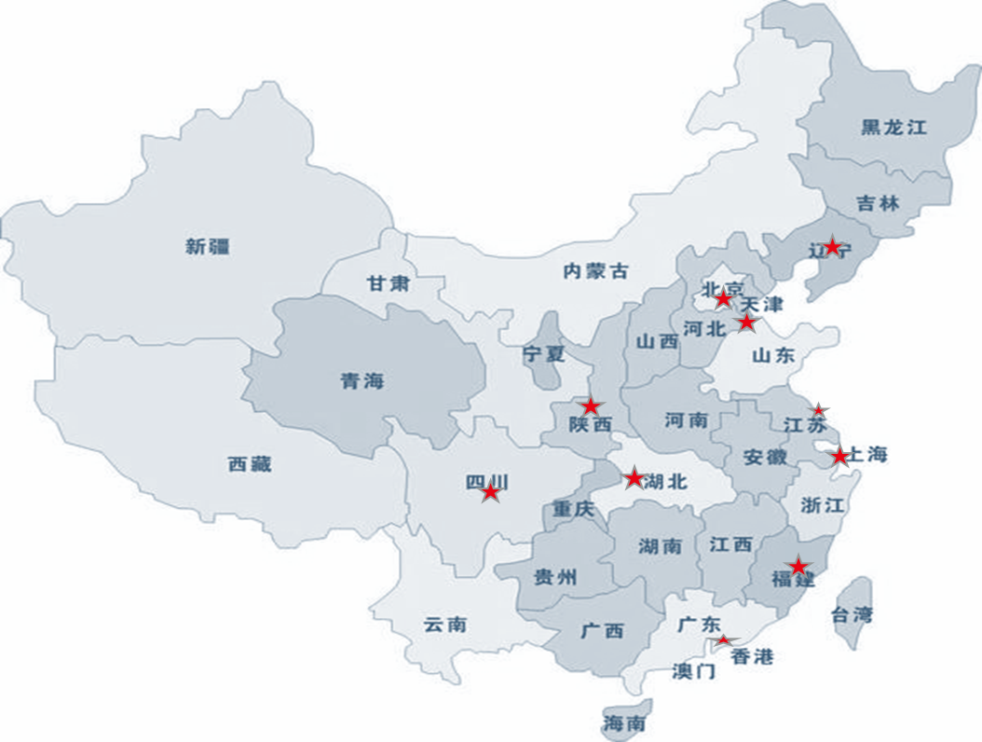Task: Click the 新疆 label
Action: click(x=207, y=247)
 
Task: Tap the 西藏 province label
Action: click(x=249, y=464)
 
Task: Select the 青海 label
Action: click(x=361, y=381)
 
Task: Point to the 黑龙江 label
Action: click(x=893, y=128)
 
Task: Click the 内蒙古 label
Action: click(x=596, y=271)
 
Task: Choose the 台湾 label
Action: click(x=852, y=615)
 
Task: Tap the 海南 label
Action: click(x=624, y=723)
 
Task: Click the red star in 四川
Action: click(x=491, y=492)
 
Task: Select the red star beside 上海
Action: click(x=839, y=456)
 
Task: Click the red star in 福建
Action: click(x=798, y=567)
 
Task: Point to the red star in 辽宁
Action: click(x=833, y=246)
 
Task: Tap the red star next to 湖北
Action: click(x=634, y=478)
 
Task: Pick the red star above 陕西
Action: click(x=591, y=406)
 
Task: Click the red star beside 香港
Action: click(x=723, y=640)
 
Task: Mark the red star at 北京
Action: click(x=723, y=299)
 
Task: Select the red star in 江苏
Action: click(x=818, y=410)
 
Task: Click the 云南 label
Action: click(x=444, y=625)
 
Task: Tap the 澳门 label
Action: click(x=693, y=671)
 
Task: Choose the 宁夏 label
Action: click(x=544, y=354)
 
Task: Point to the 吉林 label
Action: click(x=877, y=202)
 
